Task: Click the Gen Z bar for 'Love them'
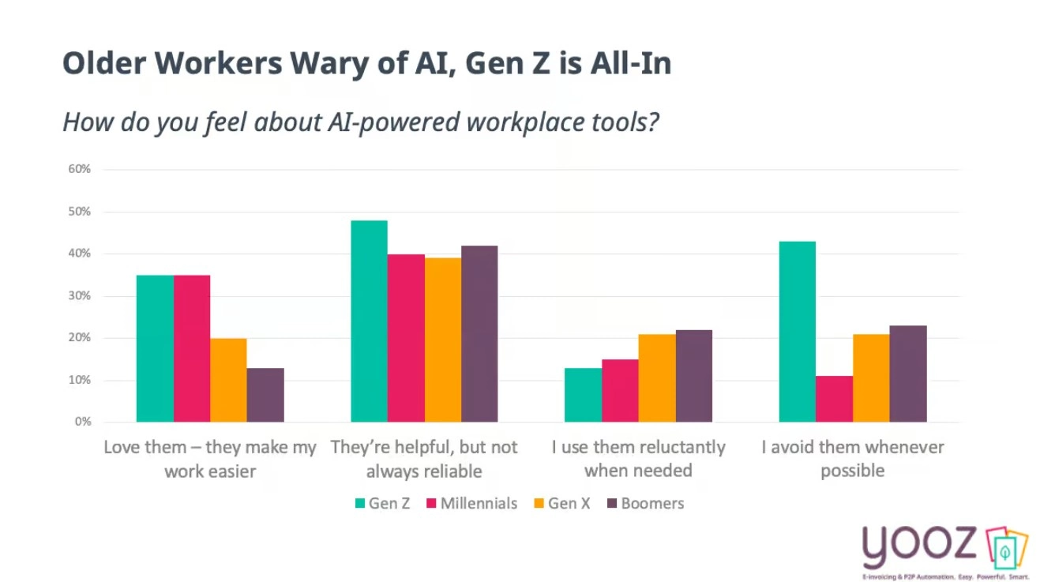coord(155,348)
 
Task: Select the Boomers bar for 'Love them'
coord(265,395)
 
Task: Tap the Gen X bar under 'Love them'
coord(228,380)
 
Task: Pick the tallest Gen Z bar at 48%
coord(369,321)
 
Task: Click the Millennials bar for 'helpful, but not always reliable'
coord(406,338)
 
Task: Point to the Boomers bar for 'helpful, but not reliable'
coord(479,333)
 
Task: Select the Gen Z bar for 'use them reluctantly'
coord(583,395)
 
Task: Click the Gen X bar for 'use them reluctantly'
coord(657,377)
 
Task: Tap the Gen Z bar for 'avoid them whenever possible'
coord(797,332)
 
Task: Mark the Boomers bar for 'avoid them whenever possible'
coord(908,374)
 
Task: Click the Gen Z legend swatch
coord(360,503)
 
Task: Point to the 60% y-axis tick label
coord(79,169)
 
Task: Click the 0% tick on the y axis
coord(82,422)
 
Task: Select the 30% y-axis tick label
coord(79,295)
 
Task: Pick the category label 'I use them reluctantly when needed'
coord(638,459)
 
